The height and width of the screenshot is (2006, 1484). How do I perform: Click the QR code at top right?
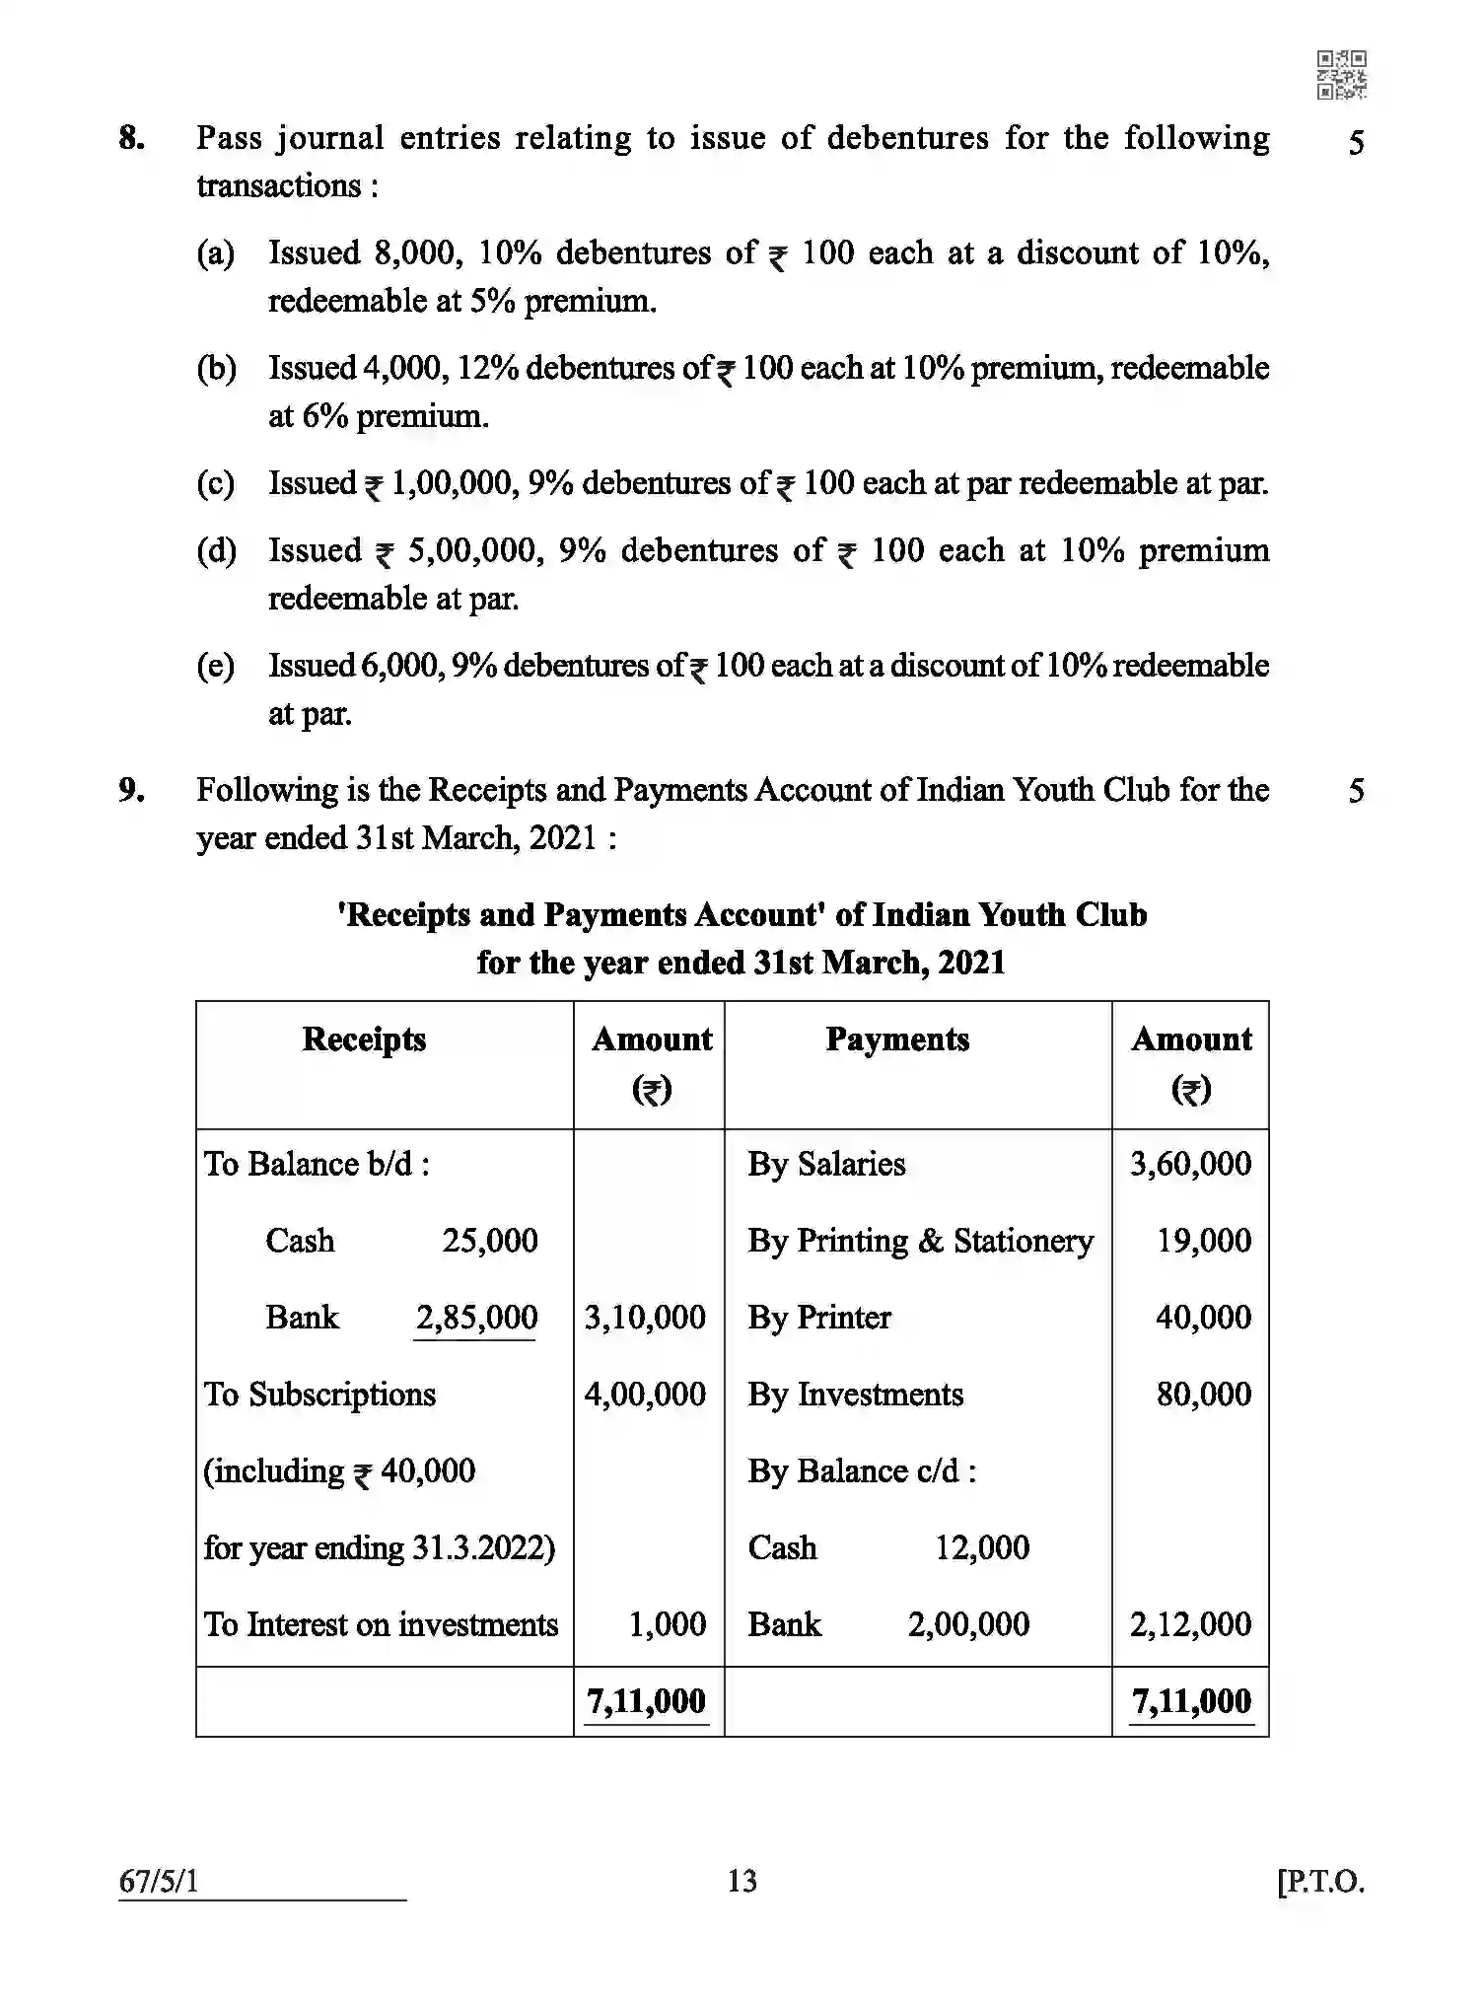pyautogui.click(x=1341, y=75)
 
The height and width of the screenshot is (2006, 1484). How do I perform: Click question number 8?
pyautogui.click(x=131, y=138)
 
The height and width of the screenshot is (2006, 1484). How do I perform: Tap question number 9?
pyautogui.click(x=131, y=790)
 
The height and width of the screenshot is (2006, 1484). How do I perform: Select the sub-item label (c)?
pyautogui.click(x=216, y=483)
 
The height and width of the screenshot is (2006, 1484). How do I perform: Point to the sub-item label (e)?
pyautogui.click(x=216, y=666)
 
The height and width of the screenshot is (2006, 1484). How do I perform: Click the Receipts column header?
pyautogui.click(x=364, y=1039)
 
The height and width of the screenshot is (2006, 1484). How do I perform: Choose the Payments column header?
pyautogui.click(x=897, y=1039)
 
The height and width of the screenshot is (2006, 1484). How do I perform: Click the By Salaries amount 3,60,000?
pyautogui.click(x=1190, y=1164)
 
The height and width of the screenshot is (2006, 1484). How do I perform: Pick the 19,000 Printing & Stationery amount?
pyautogui.click(x=1203, y=1241)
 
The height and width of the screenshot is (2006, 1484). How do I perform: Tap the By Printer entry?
pyautogui.click(x=818, y=1318)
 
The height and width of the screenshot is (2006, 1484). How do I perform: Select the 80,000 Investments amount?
pyautogui.click(x=1203, y=1395)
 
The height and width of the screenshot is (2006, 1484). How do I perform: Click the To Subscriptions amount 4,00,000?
pyautogui.click(x=645, y=1395)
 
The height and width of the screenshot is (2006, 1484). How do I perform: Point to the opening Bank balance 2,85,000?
pyautogui.click(x=476, y=1318)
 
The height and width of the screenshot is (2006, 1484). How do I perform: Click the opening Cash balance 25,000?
pyautogui.click(x=489, y=1241)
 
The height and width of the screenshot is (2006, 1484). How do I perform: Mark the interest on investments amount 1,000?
pyautogui.click(x=668, y=1624)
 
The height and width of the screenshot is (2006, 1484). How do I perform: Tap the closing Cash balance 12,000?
pyautogui.click(x=982, y=1547)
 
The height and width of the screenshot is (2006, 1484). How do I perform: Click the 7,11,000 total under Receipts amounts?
pyautogui.click(x=646, y=1701)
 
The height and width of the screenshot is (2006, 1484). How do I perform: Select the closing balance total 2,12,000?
pyautogui.click(x=1190, y=1624)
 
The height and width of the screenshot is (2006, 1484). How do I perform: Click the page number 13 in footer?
pyautogui.click(x=742, y=1881)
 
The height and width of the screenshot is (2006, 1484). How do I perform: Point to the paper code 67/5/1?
pyautogui.click(x=159, y=1881)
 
